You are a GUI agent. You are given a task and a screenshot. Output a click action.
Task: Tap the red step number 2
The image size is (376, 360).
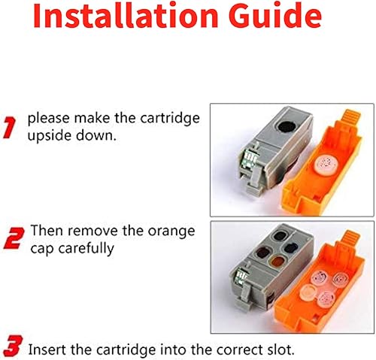(12, 239)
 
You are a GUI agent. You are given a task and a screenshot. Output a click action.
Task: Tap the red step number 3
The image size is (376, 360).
(12, 349)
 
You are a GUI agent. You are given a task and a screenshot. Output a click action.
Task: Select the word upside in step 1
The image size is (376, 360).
(49, 135)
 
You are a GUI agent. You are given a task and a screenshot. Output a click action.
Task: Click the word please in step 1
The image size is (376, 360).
(47, 119)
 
